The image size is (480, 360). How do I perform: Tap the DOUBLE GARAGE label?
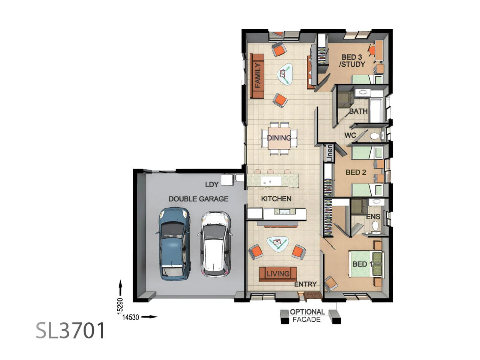(198, 199)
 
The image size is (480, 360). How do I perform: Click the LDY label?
(212, 184)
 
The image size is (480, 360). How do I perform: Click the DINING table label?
(279, 138)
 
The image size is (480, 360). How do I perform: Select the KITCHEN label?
(276, 199)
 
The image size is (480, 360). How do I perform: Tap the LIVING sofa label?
(278, 274)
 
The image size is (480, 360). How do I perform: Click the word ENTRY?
(306, 284)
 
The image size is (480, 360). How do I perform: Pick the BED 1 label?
(362, 264)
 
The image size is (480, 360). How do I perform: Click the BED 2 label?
(356, 172)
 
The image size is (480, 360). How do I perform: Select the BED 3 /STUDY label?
(352, 60)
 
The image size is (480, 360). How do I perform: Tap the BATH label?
(358, 111)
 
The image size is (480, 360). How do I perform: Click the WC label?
(350, 136)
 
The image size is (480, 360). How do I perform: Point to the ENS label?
(373, 216)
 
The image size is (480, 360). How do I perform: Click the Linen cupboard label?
(330, 153)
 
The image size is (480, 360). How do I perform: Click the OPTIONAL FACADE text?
(307, 316)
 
